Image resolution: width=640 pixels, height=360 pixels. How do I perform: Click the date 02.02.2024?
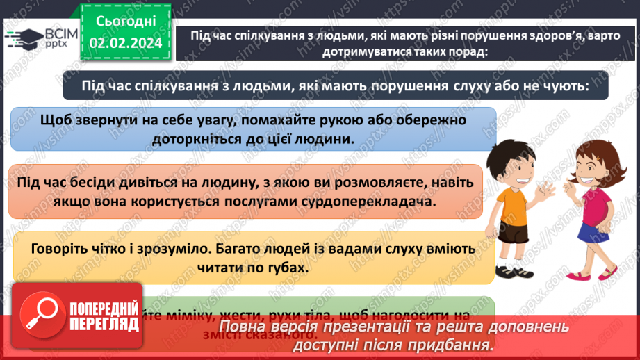click(124, 44)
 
